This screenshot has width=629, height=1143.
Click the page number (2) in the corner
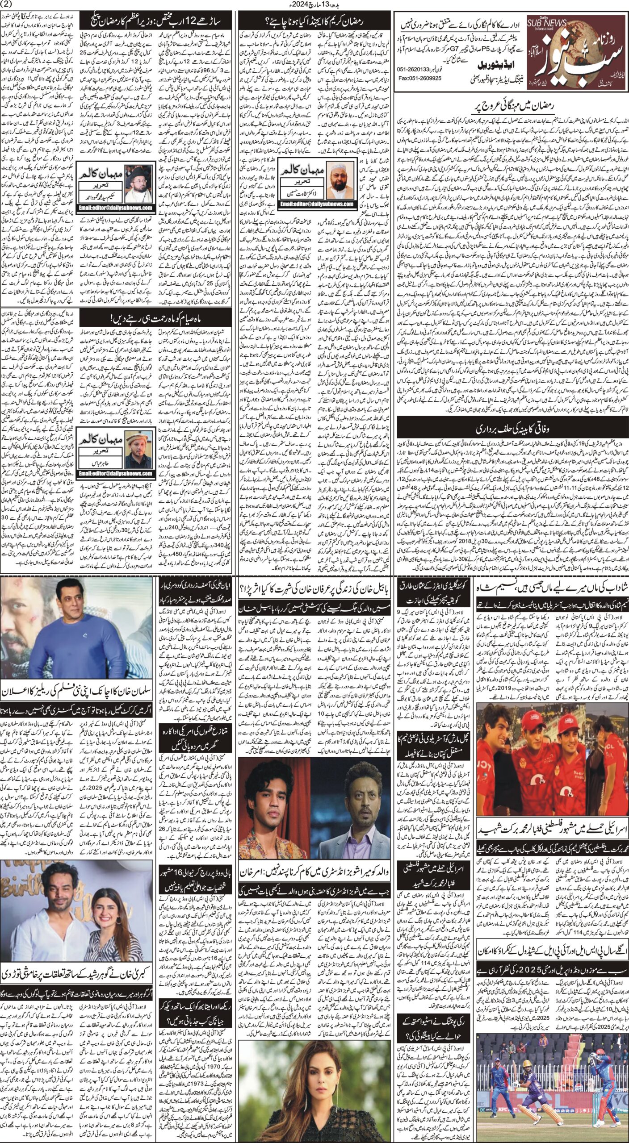pos(10,5)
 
